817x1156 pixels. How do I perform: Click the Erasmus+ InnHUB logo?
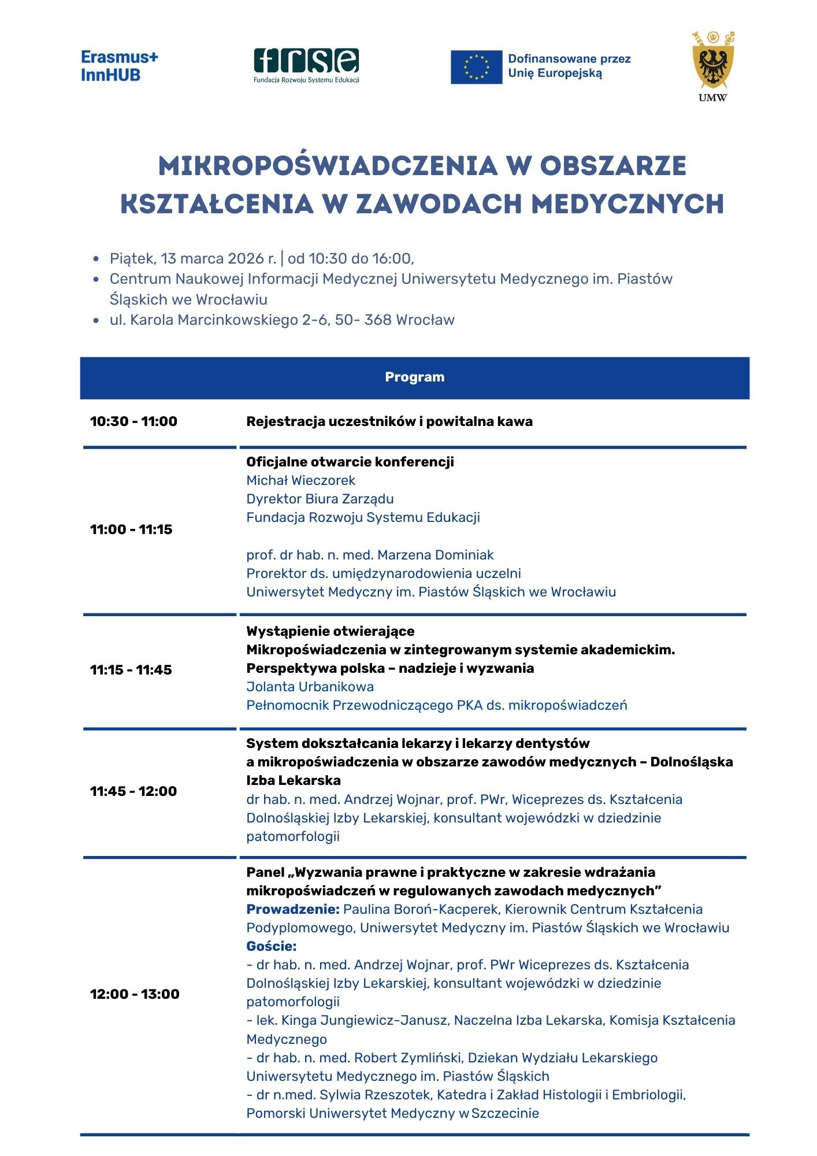coord(119,66)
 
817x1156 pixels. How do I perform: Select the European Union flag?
coord(476,67)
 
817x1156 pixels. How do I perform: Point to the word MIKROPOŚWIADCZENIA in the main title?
coord(328,166)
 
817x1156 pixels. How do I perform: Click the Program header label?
coord(414,377)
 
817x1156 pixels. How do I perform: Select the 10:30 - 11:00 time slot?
coord(133,421)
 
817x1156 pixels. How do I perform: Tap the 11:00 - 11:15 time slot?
coord(131,529)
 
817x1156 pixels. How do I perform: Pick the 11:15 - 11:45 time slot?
coord(131,670)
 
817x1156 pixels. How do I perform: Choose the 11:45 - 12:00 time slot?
coord(133,791)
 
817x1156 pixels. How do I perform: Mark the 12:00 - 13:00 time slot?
coord(135,994)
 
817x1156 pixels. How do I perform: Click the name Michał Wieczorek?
coord(300,480)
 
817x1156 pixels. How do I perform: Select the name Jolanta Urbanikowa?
coord(310,687)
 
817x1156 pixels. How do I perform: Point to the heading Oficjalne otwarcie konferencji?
coord(350,462)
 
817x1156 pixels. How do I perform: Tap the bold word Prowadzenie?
coord(292,909)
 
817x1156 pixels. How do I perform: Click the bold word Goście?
coord(271,946)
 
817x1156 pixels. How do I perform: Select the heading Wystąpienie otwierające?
coord(330,631)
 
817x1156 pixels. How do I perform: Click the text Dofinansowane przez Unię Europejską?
coord(569,66)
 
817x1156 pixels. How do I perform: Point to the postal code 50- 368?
coord(363,320)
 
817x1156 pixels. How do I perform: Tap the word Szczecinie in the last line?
coord(505,1113)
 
